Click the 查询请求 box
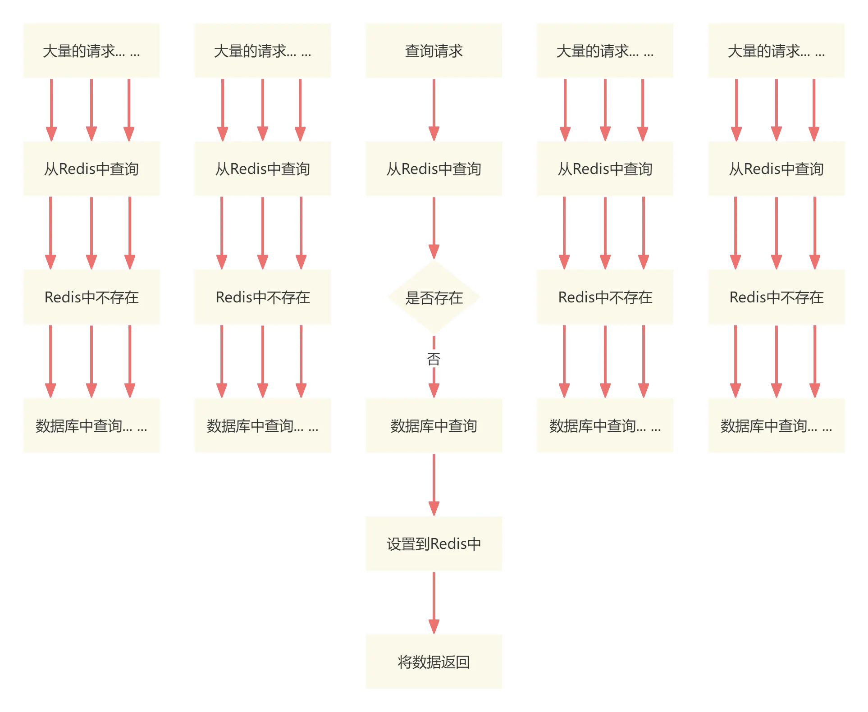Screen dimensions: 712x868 click(x=434, y=50)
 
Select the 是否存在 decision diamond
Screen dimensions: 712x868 click(x=434, y=297)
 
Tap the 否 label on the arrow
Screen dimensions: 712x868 click(x=434, y=359)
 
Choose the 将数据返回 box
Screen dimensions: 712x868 click(x=434, y=662)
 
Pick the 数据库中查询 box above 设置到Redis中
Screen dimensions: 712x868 click(x=434, y=425)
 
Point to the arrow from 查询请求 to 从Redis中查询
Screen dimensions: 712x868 click(x=434, y=108)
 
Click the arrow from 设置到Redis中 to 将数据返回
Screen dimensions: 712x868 click(x=434, y=602)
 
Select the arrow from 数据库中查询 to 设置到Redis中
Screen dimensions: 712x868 click(x=434, y=483)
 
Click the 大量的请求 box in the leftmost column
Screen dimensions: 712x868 click(x=91, y=50)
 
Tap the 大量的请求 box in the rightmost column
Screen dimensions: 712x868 click(x=777, y=50)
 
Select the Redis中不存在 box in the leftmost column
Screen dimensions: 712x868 click(x=91, y=297)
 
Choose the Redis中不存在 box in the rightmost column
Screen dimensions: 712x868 click(x=777, y=297)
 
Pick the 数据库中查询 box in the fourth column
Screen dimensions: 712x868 click(x=605, y=425)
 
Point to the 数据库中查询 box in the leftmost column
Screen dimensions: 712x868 click(x=91, y=425)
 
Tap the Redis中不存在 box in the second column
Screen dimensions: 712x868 click(x=263, y=297)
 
